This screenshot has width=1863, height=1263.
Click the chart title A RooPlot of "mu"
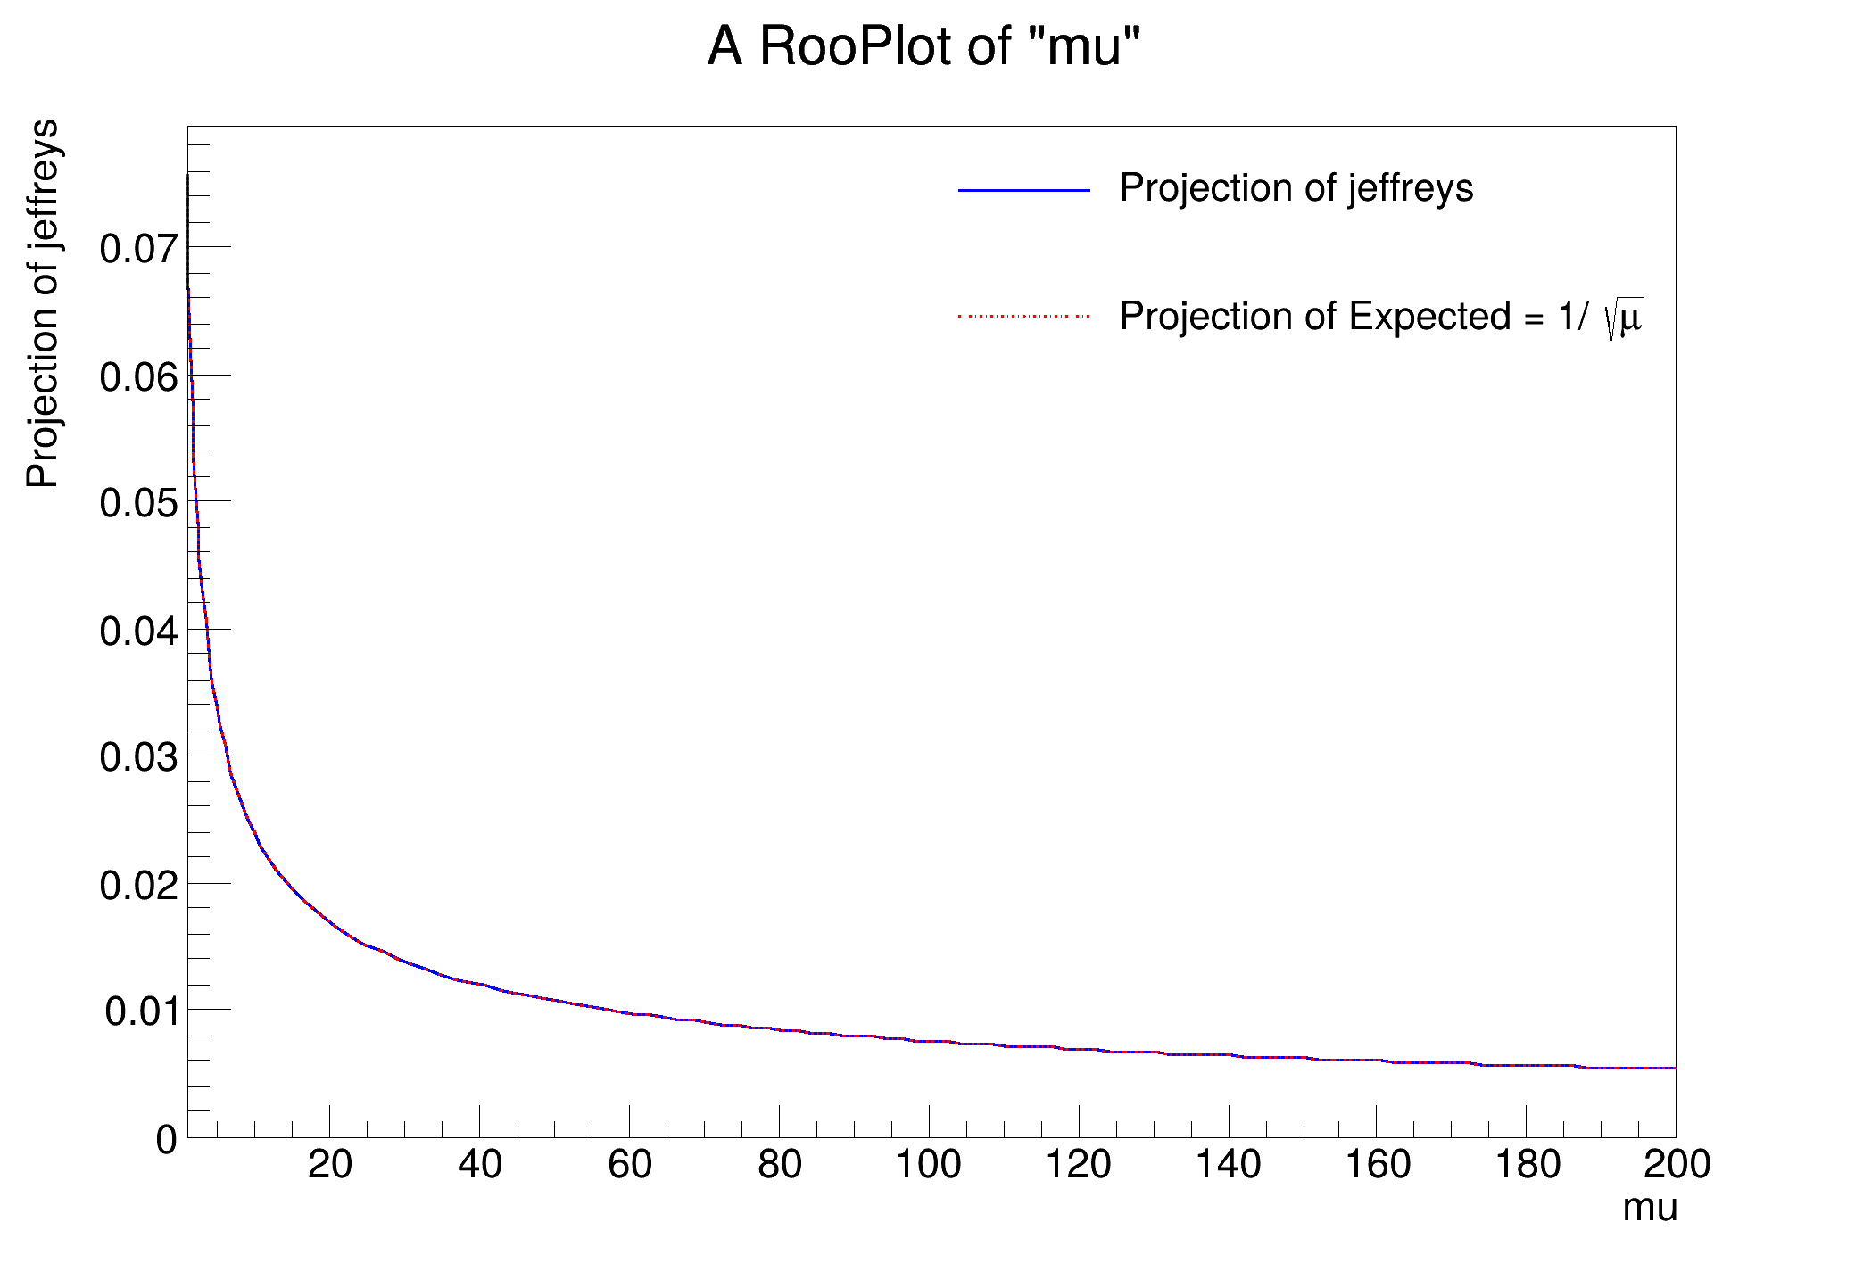(924, 46)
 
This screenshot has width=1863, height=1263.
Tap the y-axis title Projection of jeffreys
(43, 303)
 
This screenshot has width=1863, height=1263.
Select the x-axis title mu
(1650, 1208)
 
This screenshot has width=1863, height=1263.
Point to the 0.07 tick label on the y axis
(139, 249)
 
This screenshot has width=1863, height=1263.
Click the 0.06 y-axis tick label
(139, 377)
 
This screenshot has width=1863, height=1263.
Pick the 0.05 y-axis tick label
(139, 504)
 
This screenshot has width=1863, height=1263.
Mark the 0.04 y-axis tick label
(139, 631)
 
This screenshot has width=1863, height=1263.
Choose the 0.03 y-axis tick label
(139, 758)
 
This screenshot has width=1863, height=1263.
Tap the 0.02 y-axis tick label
(139, 886)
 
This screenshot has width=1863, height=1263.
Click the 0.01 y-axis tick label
(141, 1012)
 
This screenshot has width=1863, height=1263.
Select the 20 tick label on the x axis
(330, 1164)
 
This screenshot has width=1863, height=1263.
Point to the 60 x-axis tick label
(630, 1164)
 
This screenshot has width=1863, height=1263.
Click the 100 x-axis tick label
(928, 1164)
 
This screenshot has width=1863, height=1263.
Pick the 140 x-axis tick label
(1228, 1164)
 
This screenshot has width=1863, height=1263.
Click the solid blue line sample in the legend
(1024, 190)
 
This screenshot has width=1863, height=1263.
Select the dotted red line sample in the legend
(1024, 316)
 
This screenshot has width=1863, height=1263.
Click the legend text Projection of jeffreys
(1296, 188)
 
